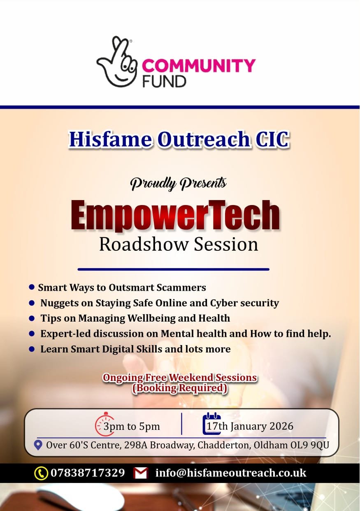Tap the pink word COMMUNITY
[x=199, y=65]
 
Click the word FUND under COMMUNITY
[x=164, y=81]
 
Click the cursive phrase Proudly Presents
[x=179, y=183]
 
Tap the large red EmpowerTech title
[x=175, y=215]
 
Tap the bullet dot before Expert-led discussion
[x=32, y=334]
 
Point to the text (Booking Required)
[x=179, y=388]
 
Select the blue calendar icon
[x=212, y=424]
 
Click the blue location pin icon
[x=38, y=445]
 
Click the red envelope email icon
[x=141, y=473]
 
